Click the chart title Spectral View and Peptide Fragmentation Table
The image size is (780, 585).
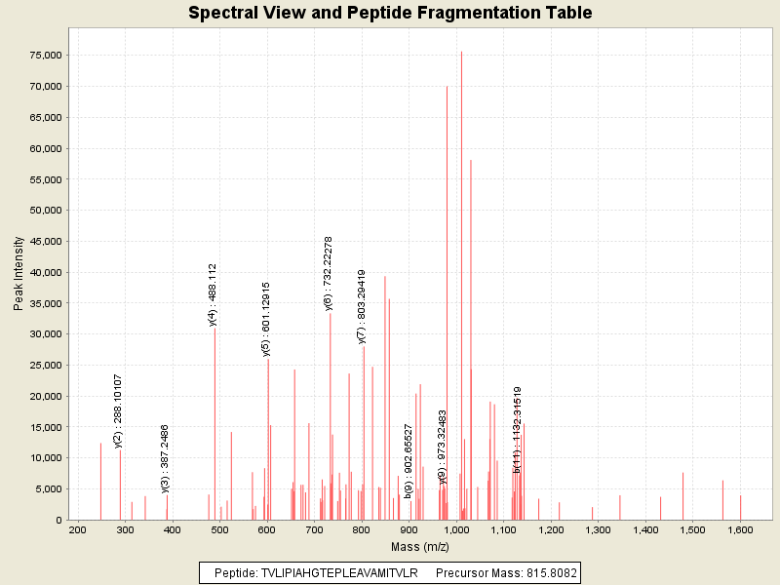click(x=390, y=14)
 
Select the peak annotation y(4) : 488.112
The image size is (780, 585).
click(x=213, y=294)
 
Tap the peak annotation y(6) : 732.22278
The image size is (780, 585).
click(x=329, y=273)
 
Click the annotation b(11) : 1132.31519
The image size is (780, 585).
click(x=518, y=430)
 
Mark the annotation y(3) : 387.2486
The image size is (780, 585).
click(x=166, y=458)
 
